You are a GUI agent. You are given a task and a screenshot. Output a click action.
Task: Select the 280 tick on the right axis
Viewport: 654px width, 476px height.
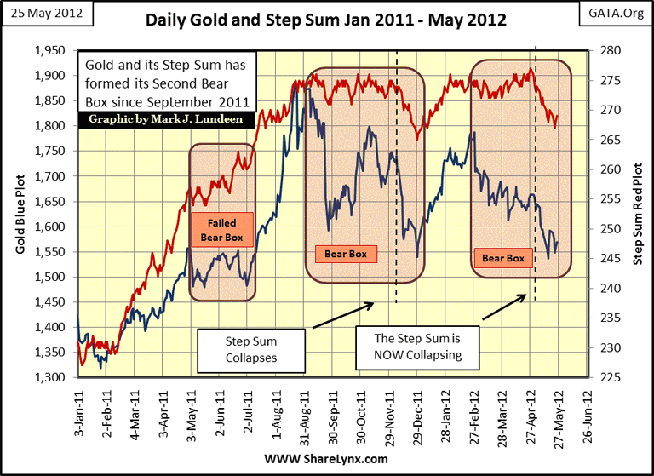point(610,50)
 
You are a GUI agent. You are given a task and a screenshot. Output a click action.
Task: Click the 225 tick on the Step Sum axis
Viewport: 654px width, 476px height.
point(610,377)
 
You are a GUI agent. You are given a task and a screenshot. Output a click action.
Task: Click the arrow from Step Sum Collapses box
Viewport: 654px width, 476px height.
point(340,315)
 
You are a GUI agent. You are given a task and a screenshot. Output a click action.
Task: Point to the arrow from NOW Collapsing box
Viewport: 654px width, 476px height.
point(503,307)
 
